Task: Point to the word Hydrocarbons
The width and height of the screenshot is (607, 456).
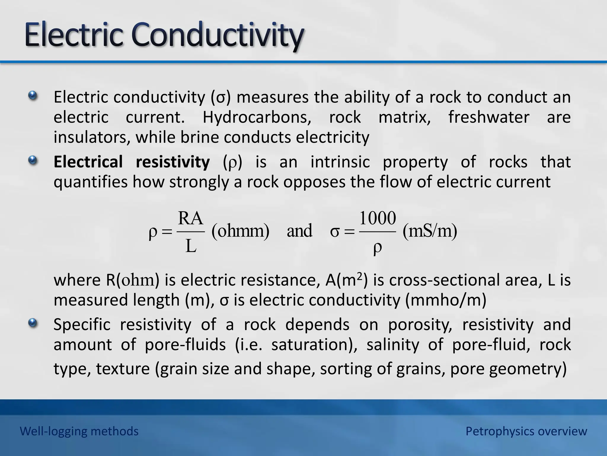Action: click(x=257, y=117)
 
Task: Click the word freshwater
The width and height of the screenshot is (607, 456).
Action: click(x=488, y=117)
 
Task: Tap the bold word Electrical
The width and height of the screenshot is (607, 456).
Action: click(x=88, y=162)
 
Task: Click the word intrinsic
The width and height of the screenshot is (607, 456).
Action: click(x=340, y=162)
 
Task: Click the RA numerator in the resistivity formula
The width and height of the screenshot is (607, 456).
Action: click(x=191, y=218)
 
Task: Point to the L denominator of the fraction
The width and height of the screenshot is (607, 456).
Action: click(x=191, y=246)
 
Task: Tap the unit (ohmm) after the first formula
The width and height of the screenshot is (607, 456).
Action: click(x=240, y=231)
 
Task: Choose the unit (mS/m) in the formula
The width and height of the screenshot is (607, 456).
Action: click(x=430, y=231)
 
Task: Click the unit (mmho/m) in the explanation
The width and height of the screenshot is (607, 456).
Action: click(x=445, y=300)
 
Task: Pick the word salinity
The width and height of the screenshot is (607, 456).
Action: click(x=393, y=345)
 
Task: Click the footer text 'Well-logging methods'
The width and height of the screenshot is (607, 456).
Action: click(x=79, y=431)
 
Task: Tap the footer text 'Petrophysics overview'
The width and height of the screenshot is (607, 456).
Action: click(x=526, y=431)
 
